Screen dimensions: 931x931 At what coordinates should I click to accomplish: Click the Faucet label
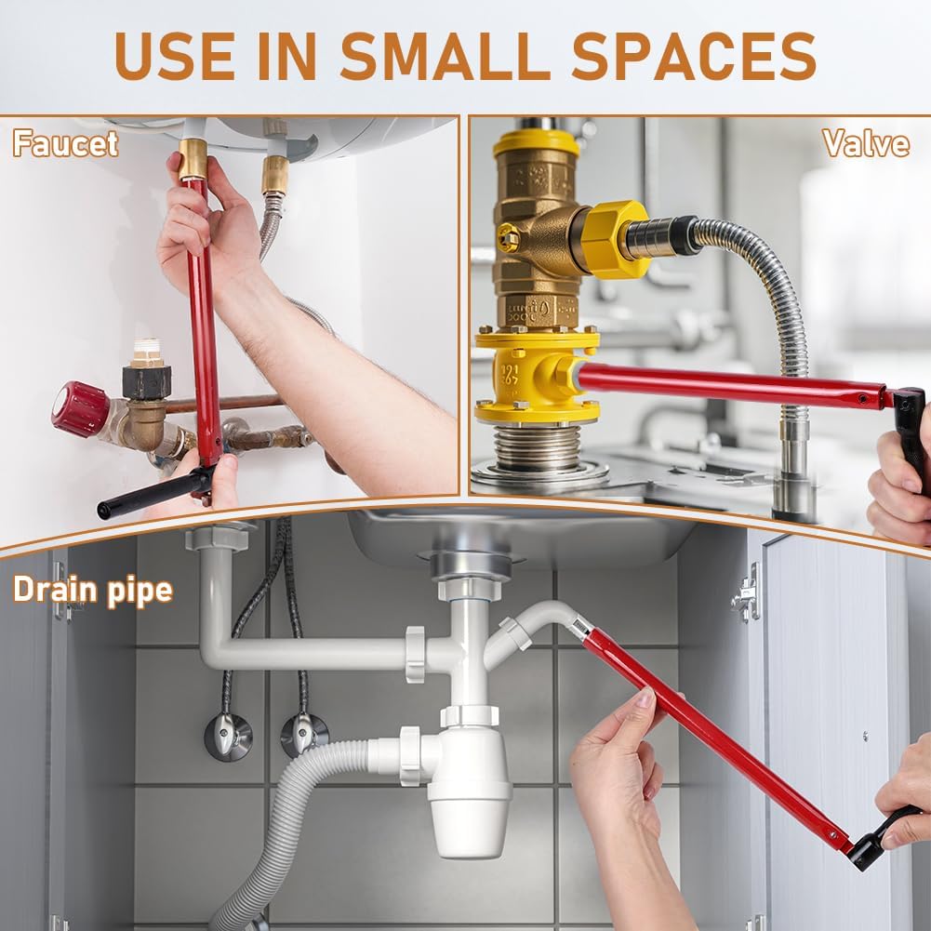point(65,143)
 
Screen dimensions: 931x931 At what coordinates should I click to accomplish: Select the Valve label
point(866,143)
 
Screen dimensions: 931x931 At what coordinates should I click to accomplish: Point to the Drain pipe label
point(93,591)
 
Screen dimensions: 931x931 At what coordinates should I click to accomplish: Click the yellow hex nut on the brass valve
point(613,239)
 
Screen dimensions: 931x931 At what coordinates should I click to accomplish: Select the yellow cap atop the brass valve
point(536,143)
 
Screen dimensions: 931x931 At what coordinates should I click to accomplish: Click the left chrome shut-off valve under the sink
point(228,737)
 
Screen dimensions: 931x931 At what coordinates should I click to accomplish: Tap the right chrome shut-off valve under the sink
point(304,735)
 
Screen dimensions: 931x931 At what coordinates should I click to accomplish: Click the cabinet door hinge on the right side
point(747,593)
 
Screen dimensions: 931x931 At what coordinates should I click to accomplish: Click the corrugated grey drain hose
point(285,831)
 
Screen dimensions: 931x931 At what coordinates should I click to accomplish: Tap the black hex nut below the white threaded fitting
point(147,381)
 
